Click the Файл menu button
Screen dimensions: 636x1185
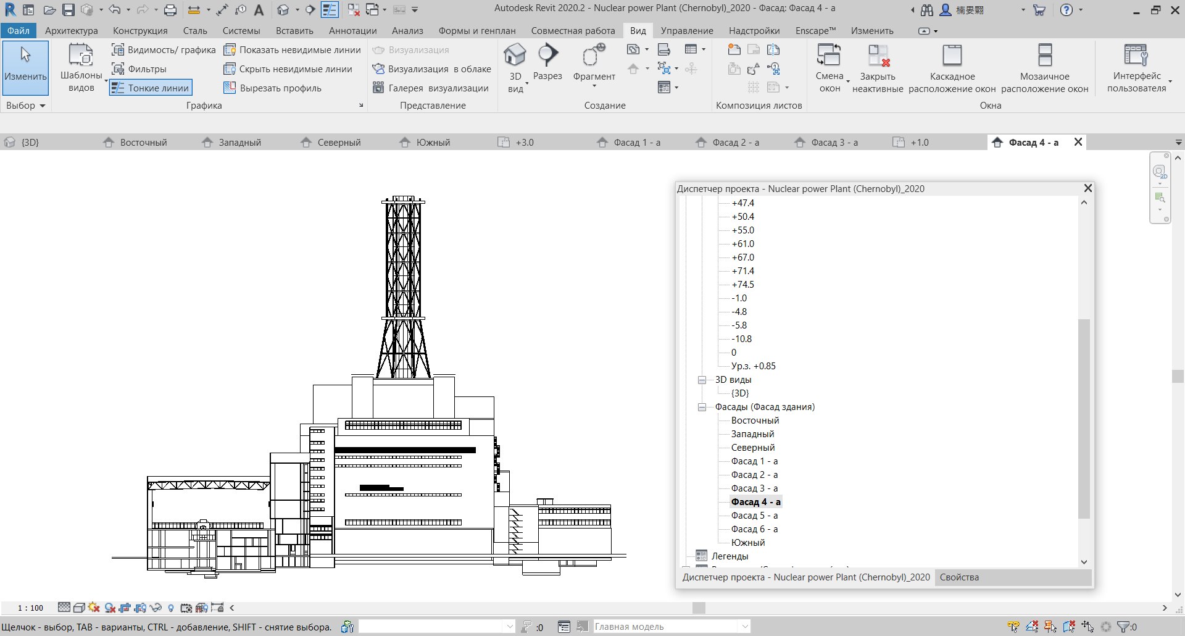[x=18, y=30]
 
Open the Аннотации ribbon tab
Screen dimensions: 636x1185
[x=352, y=30]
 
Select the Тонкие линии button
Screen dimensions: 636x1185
[x=151, y=88]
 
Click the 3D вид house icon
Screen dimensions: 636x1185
[x=515, y=56]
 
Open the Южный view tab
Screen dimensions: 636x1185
[x=433, y=142]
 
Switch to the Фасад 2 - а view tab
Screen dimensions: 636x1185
[x=735, y=142]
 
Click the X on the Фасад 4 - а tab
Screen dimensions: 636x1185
[x=1078, y=142]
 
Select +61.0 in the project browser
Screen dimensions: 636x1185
[x=742, y=243]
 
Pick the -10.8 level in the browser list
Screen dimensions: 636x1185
[x=741, y=338]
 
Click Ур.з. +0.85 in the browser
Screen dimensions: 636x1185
[x=753, y=366]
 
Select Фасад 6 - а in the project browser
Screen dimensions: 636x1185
[x=754, y=529]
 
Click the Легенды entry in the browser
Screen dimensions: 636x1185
[x=730, y=556]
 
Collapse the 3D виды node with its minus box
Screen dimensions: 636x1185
[x=702, y=380]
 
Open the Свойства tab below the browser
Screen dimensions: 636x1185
[x=959, y=577]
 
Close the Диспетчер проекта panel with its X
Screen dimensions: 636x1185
[x=1088, y=188]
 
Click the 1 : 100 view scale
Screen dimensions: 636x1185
[x=30, y=608]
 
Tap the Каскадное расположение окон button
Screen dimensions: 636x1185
[x=952, y=68]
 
